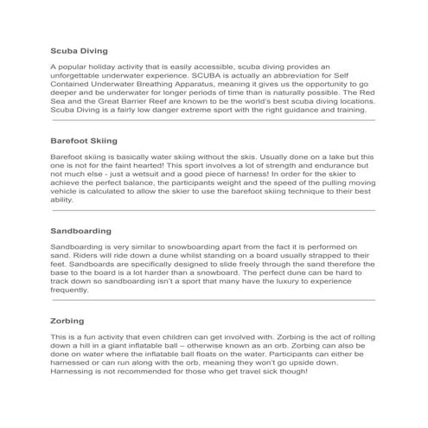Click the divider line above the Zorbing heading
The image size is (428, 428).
click(214, 299)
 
